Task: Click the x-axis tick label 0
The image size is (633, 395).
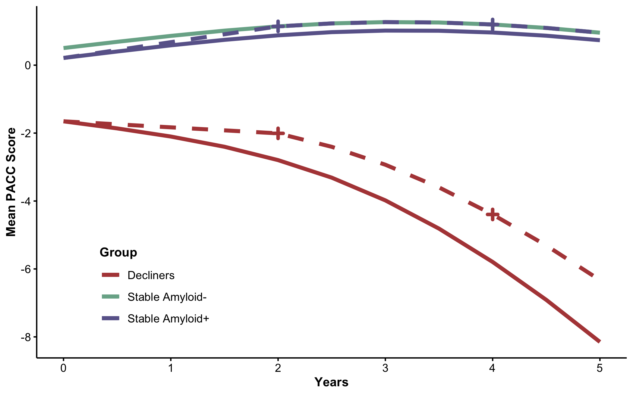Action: pyautogui.click(x=63, y=368)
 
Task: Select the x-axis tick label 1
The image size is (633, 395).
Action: pyautogui.click(x=171, y=368)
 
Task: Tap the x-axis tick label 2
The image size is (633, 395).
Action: pyautogui.click(x=278, y=368)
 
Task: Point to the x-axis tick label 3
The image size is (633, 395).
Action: pyautogui.click(x=385, y=368)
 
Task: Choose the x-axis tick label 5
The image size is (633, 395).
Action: pyautogui.click(x=600, y=368)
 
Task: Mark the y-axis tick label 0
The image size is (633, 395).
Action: pyautogui.click(x=28, y=65)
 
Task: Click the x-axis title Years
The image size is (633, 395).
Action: pyautogui.click(x=331, y=382)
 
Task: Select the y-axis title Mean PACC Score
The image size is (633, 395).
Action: pyautogui.click(x=11, y=182)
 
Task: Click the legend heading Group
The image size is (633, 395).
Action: pyautogui.click(x=118, y=252)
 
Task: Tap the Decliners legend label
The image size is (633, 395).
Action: pyautogui.click(x=151, y=275)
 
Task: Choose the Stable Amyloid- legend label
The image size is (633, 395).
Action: pyautogui.click(x=167, y=297)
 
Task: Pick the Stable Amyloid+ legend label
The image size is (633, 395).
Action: pyautogui.click(x=168, y=319)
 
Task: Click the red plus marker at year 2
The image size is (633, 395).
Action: pyautogui.click(x=278, y=133)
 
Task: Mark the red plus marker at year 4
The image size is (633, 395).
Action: pyautogui.click(x=493, y=215)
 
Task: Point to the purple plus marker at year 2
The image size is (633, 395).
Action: pyautogui.click(x=278, y=26)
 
